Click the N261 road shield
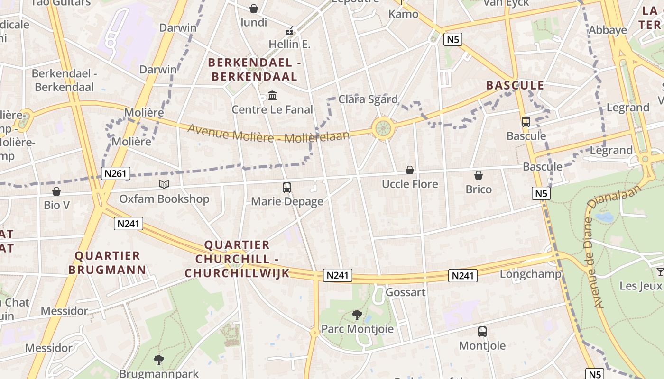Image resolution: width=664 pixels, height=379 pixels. point(115,173)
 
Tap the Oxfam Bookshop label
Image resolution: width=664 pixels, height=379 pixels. point(164,199)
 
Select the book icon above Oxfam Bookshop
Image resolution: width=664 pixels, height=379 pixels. point(164,184)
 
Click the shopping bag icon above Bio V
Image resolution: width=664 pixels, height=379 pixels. point(56,191)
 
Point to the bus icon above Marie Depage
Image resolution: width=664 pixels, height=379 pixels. point(287,187)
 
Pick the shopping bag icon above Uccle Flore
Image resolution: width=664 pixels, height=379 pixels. point(410,170)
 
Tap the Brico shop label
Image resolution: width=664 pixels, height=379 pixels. point(479,189)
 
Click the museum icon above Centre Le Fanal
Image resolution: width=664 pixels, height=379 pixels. point(272,96)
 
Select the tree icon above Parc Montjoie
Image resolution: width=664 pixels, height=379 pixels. point(357,315)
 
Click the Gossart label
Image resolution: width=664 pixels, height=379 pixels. point(406,292)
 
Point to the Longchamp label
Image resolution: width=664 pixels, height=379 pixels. point(530,274)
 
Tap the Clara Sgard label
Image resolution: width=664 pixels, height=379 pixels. point(368,99)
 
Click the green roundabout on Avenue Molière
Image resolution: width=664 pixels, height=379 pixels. point(383,127)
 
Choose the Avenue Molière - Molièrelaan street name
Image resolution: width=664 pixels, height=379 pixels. point(268,133)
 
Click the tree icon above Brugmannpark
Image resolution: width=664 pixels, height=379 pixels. point(159,360)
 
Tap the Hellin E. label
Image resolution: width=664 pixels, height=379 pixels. point(289,45)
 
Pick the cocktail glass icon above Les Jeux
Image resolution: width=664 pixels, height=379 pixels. point(660,271)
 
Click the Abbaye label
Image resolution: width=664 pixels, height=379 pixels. point(608,30)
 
